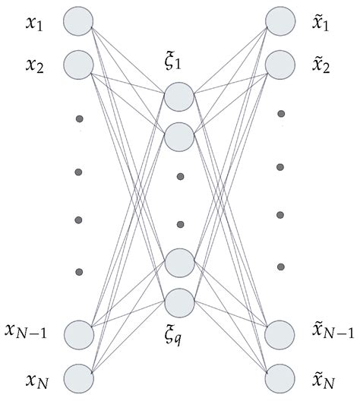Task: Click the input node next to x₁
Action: click(78, 20)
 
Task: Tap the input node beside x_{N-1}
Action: click(78, 333)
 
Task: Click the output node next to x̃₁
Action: click(280, 20)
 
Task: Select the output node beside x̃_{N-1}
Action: click(280, 333)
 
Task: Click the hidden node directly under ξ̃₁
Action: click(179, 96)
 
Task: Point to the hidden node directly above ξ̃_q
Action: click(179, 302)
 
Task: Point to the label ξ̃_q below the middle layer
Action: click(179, 331)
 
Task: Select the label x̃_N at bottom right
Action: click(325, 377)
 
